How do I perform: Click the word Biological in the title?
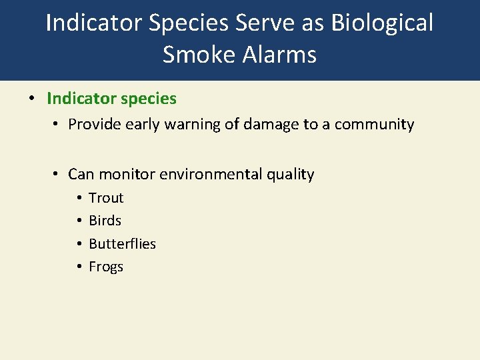[381, 23]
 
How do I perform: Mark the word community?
[374, 125]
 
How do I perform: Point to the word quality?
[291, 175]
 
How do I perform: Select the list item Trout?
[106, 198]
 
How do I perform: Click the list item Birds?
[105, 221]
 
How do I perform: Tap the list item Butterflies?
[122, 244]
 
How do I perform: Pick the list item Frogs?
[106, 267]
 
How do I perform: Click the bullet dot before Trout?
[78, 198]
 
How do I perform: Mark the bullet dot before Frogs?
[78, 267]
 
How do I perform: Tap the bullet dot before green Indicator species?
[31, 99]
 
